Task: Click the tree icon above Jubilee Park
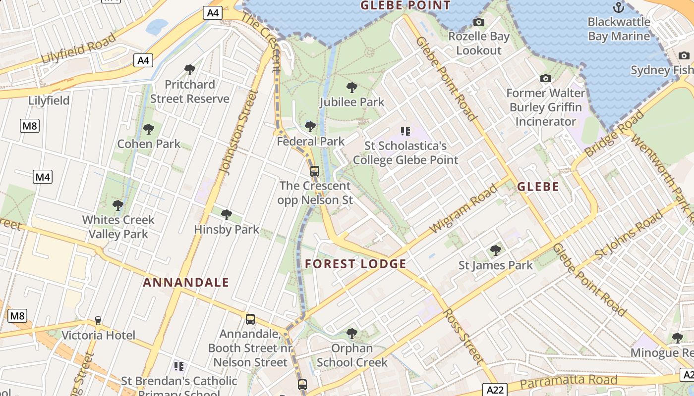point(352,88)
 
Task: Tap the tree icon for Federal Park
point(310,127)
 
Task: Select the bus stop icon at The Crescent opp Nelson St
point(315,171)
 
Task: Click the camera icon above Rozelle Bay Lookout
point(479,22)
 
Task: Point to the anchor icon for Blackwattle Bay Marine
point(619,7)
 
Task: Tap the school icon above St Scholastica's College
point(405,131)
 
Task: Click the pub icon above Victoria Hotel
point(98,321)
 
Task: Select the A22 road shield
point(494,390)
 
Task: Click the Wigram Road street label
point(463,208)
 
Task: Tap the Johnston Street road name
point(239,133)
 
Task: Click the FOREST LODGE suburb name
point(355,264)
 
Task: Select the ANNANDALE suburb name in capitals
point(186,283)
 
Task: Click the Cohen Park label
point(149,144)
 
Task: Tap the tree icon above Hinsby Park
point(227,215)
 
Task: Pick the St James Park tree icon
point(495,250)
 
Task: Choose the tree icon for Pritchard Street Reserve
point(189,70)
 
